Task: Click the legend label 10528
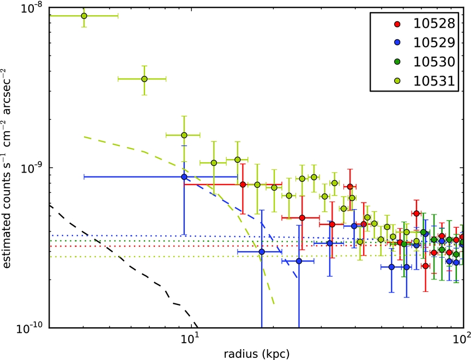click(434, 23)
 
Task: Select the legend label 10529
click(434, 42)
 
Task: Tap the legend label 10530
click(434, 62)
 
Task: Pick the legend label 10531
click(434, 81)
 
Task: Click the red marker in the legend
click(397, 24)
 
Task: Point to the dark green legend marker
click(397, 62)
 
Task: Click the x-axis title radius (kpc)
click(257, 354)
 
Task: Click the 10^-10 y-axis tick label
click(31, 328)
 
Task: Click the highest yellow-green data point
click(84, 16)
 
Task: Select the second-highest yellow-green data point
click(144, 79)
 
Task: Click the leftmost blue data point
click(184, 176)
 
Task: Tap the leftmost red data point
click(243, 184)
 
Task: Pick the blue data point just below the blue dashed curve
click(262, 252)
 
